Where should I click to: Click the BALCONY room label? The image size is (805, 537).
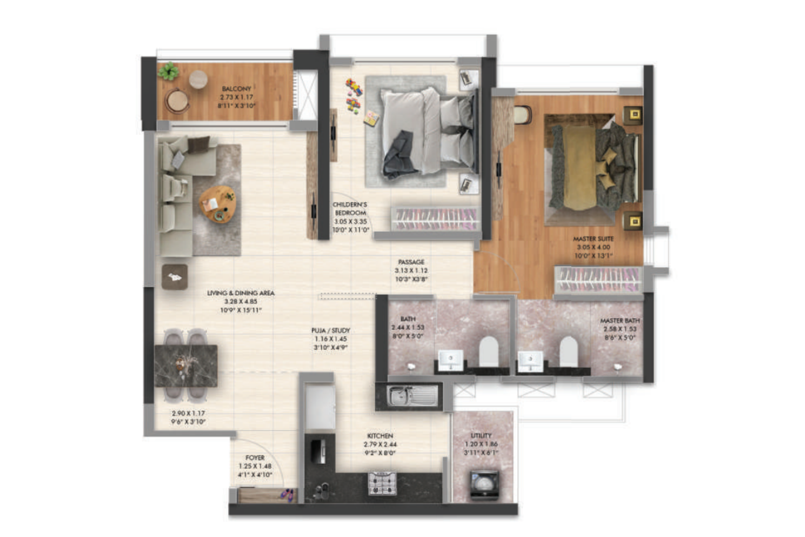tap(236, 89)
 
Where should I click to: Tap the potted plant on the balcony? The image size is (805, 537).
tap(168, 71)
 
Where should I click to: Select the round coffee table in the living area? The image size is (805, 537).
tap(217, 203)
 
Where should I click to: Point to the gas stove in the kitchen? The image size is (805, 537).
tap(382, 483)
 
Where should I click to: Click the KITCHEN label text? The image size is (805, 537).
tap(380, 436)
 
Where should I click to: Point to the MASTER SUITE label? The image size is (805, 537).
tap(593, 239)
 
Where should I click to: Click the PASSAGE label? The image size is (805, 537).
tap(411, 262)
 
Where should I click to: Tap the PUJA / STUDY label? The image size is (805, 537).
tap(331, 331)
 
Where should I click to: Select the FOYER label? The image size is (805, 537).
tap(255, 457)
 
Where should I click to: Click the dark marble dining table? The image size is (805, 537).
tap(186, 365)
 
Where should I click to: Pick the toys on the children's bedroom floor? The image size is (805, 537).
tap(354, 96)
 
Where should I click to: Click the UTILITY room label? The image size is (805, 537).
tap(481, 436)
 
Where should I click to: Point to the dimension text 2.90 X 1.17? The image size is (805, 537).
tap(188, 413)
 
